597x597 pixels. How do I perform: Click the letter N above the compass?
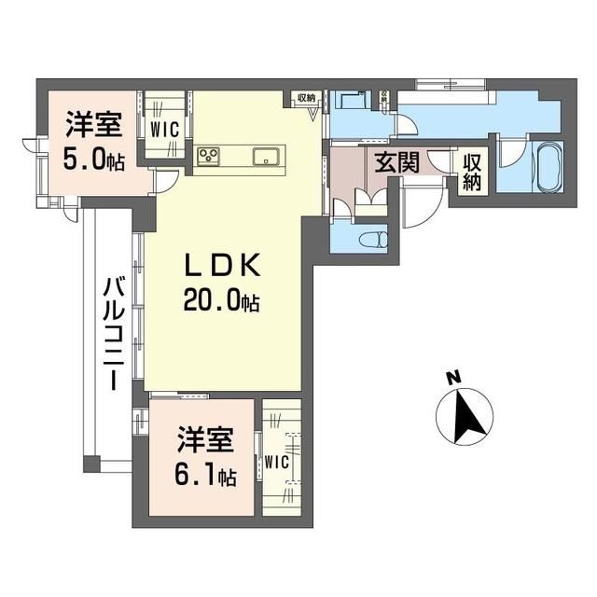click(452, 378)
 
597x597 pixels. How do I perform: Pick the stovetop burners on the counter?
click(208, 156)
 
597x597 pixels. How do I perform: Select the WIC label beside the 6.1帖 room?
click(277, 461)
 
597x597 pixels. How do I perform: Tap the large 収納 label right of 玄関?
click(470, 172)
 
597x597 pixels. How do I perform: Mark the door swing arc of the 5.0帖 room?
click(166, 184)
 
